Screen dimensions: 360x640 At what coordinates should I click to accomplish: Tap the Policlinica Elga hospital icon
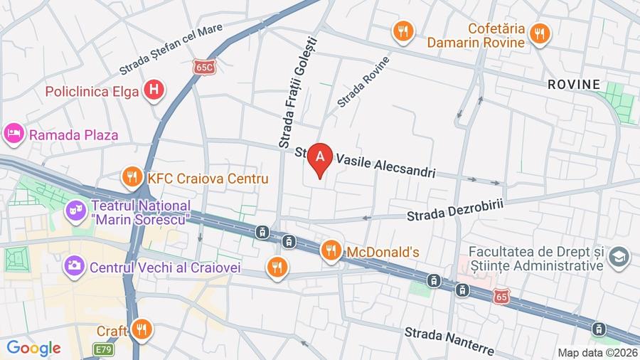pyautogui.click(x=152, y=91)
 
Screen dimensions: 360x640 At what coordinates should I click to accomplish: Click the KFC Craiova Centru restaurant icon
pyautogui.click(x=130, y=178)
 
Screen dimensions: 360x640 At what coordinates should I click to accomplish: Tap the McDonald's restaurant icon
pyautogui.click(x=330, y=250)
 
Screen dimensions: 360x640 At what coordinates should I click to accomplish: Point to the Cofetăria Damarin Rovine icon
pyautogui.click(x=540, y=32)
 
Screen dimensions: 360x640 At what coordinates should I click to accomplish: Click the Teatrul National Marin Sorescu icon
pyautogui.click(x=74, y=211)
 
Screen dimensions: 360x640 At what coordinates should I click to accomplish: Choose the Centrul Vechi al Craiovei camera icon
pyautogui.click(x=74, y=267)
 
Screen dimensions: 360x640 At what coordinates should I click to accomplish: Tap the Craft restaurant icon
pyautogui.click(x=142, y=329)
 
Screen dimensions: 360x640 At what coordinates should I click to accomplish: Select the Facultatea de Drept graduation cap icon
pyautogui.click(x=619, y=257)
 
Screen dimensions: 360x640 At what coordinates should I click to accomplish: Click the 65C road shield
pyautogui.click(x=203, y=65)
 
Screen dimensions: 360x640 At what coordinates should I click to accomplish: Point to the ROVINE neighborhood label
pyautogui.click(x=573, y=84)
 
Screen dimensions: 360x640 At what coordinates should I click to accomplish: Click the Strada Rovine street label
pyautogui.click(x=363, y=82)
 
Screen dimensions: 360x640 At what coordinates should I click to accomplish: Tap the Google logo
pyautogui.click(x=33, y=349)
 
